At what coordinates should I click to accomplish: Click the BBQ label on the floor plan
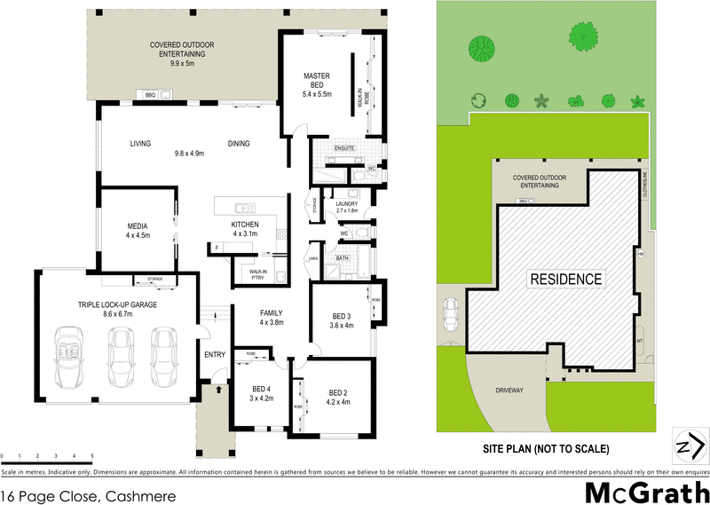coord(150,95)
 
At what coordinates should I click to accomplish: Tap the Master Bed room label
coord(317,84)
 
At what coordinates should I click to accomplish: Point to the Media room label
coord(138,230)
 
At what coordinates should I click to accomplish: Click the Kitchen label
coord(244,228)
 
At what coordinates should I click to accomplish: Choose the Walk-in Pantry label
coord(258,274)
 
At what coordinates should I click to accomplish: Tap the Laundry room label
coord(346,207)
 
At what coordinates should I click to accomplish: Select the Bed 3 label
coord(342,321)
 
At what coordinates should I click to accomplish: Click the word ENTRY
coord(215,355)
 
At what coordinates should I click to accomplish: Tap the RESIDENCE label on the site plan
coord(565,279)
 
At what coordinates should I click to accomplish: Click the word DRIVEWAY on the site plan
coord(513,389)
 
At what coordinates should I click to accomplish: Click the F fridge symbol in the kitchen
coord(216,248)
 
